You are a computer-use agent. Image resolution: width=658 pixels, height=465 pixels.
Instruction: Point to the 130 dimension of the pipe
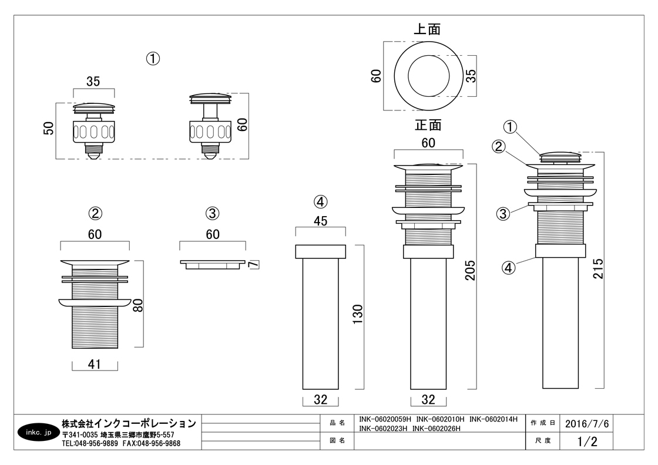[357, 316]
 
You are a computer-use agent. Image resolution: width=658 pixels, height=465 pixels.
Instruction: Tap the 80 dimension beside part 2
[137, 304]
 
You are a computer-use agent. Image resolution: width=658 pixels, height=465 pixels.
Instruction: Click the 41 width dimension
[95, 365]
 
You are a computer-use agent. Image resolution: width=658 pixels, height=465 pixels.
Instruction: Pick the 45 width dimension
[320, 221]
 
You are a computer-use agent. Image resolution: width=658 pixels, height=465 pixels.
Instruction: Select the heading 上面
[427, 29]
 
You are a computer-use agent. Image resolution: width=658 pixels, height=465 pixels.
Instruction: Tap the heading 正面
[428, 125]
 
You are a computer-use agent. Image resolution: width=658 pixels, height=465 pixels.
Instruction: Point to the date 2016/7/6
[587, 423]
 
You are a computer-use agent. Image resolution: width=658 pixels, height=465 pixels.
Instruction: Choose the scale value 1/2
[587, 440]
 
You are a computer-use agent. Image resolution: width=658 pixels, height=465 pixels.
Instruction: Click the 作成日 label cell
[542, 423]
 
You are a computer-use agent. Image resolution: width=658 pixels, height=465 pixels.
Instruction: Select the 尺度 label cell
[542, 440]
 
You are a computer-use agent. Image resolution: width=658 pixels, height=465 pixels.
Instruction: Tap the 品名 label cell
[337, 423]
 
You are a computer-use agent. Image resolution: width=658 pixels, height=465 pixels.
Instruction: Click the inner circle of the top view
[428, 76]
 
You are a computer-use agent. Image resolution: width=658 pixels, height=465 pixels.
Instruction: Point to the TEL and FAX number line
[121, 444]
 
